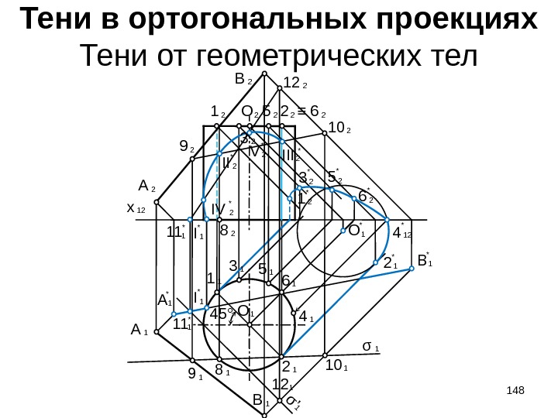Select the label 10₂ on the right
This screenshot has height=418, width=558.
point(339,127)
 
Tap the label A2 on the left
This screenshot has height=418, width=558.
point(146,187)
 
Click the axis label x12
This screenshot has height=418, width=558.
point(136,209)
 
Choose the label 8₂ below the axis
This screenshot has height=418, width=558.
point(228,231)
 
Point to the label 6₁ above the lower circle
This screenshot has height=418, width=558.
point(288,281)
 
